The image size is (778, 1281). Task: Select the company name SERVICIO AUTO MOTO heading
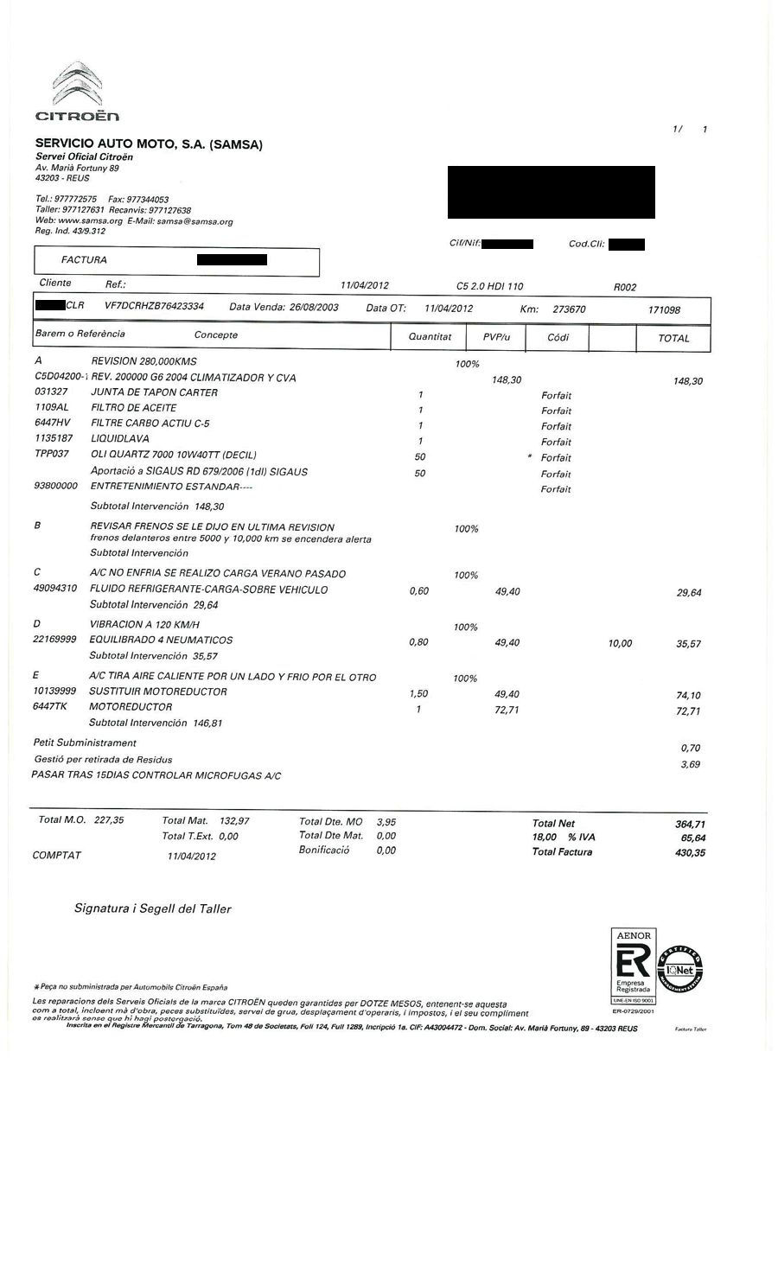(x=148, y=144)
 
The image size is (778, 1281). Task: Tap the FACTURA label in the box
(x=84, y=259)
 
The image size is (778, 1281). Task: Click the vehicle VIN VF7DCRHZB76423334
(x=154, y=307)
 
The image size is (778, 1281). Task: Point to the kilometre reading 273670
(x=569, y=309)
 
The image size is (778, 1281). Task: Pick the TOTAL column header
(x=673, y=338)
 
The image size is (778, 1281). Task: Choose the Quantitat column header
(x=430, y=336)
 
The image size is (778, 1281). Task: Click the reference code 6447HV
(x=52, y=424)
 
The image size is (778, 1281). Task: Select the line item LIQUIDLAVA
(x=119, y=439)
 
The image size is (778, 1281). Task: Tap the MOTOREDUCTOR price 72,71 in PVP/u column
(x=507, y=710)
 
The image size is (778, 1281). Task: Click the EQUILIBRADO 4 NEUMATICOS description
(x=161, y=640)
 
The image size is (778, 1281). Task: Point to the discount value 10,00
(x=620, y=643)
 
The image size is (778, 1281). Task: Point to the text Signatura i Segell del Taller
(x=152, y=908)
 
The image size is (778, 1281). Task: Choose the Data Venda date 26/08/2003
(x=314, y=307)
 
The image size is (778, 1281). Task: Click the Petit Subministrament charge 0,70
(x=690, y=748)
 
